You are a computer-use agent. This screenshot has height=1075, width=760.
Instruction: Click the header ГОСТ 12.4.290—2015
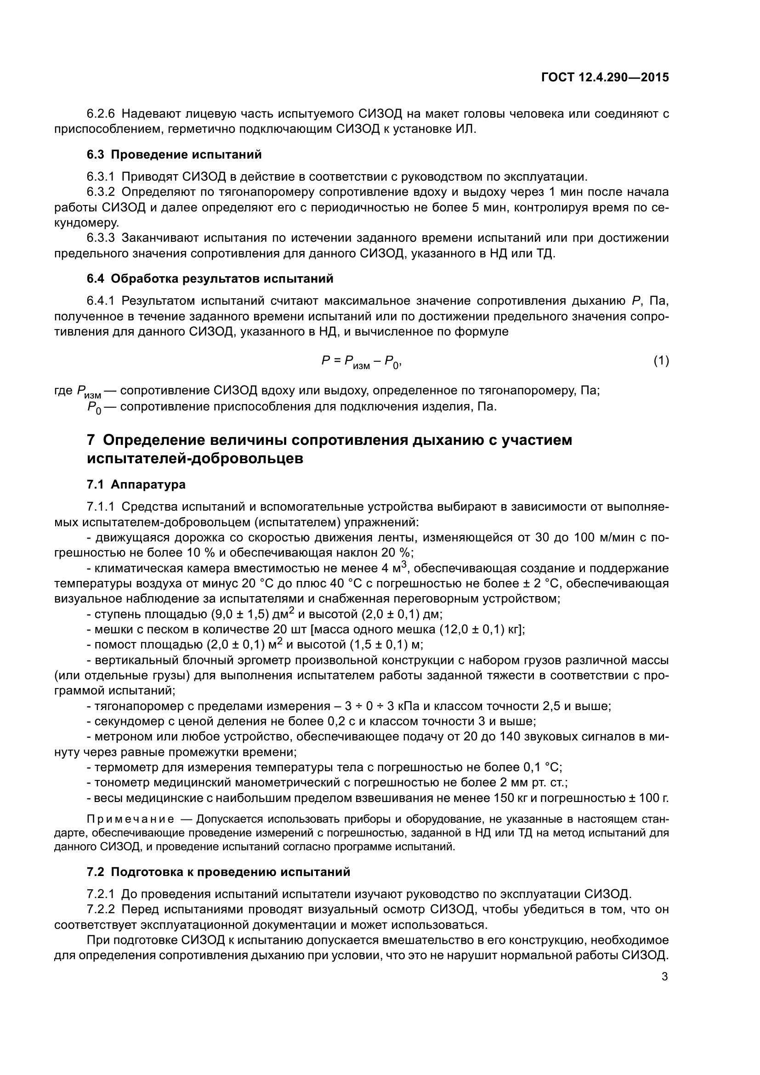(605, 77)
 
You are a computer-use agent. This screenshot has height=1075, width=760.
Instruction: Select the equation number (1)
(661, 360)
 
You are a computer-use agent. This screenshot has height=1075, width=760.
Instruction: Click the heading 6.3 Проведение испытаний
(174, 154)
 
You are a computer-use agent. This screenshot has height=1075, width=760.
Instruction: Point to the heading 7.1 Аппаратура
(136, 484)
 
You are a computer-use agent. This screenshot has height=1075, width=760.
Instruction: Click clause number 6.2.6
(101, 114)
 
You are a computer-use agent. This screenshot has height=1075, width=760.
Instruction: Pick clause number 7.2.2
(101, 910)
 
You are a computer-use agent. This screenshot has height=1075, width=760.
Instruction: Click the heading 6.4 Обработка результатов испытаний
(210, 279)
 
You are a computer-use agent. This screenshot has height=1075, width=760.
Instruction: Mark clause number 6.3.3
(101, 238)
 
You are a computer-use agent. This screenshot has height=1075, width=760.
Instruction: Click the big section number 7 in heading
(91, 441)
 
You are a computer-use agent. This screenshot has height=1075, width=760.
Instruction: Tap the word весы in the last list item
(108, 798)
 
